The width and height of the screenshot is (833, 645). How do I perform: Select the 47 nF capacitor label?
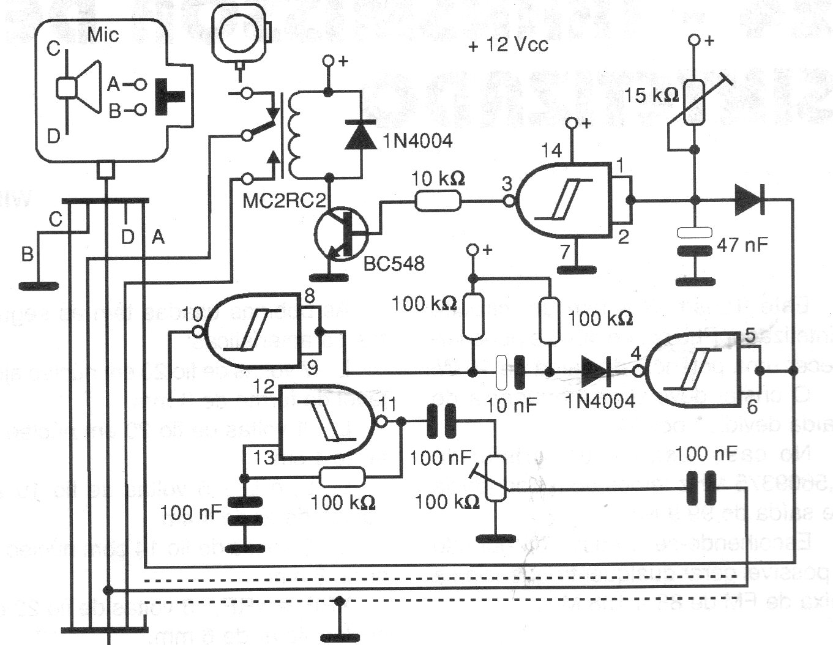tap(742, 245)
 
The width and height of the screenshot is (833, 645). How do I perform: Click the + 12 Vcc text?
tap(507, 45)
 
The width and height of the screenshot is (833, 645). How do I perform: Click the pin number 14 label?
tap(551, 150)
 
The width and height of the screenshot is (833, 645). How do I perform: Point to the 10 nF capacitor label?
tap(512, 405)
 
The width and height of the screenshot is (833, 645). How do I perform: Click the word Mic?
tap(103, 34)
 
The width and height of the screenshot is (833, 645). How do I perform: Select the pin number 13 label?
tap(264, 457)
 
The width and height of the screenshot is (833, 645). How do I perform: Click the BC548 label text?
tap(394, 263)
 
